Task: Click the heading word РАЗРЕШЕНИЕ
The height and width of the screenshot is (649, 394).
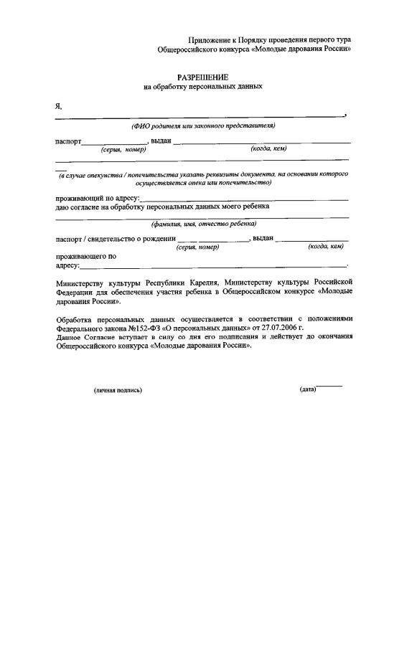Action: pyautogui.click(x=203, y=76)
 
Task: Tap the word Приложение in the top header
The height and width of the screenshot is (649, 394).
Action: pyautogui.click(x=208, y=39)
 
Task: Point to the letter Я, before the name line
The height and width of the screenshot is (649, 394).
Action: pyautogui.click(x=58, y=106)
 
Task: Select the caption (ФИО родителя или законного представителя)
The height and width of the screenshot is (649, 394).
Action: pyautogui.click(x=203, y=126)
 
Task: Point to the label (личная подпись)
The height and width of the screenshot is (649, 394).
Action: pyautogui.click(x=118, y=390)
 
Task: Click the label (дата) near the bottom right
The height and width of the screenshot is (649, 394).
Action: pyautogui.click(x=307, y=389)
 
